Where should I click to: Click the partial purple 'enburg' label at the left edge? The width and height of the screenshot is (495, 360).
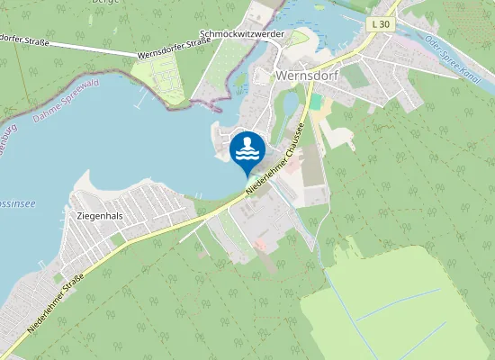8,144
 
